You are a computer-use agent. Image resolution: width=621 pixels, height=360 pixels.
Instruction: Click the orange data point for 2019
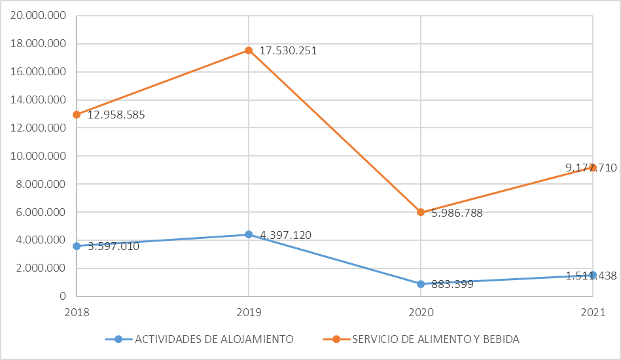pyautogui.click(x=249, y=50)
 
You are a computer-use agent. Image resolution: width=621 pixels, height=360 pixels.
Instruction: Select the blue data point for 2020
pyautogui.click(x=421, y=284)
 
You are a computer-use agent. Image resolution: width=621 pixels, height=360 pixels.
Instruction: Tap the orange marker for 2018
pyautogui.click(x=77, y=115)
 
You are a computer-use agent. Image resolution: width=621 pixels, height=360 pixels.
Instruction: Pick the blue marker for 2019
pyautogui.click(x=249, y=234)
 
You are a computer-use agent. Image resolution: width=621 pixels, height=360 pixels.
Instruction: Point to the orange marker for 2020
pyautogui.click(x=421, y=212)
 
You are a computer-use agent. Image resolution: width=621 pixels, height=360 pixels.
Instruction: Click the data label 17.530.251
pyautogui.click(x=288, y=50)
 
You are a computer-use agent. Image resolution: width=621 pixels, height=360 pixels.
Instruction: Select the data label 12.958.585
pyautogui.click(x=116, y=115)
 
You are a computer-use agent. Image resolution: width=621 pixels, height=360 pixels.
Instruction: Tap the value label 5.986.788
pyautogui.click(x=457, y=213)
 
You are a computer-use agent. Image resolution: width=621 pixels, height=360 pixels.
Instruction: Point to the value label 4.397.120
pyautogui.click(x=289, y=235)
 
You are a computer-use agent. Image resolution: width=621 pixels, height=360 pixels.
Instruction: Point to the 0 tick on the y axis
pyautogui.click(x=63, y=296)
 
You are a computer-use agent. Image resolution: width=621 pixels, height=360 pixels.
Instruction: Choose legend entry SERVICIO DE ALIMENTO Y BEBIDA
pyautogui.click(x=435, y=339)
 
